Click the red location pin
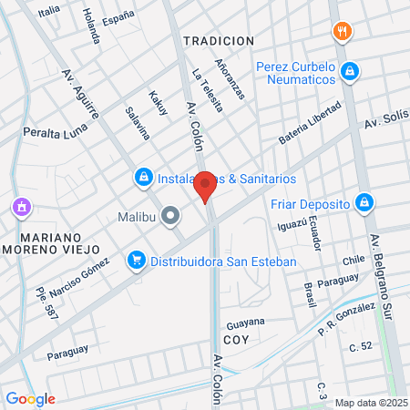point(206,185)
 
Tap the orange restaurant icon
point(343,31)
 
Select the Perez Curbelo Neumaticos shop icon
point(350,71)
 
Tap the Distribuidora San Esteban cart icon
point(137,261)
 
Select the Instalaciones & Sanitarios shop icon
point(143,177)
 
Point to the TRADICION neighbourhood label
point(218,41)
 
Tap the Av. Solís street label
point(384,122)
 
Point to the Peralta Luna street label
point(54,133)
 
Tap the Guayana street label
point(245,323)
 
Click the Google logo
point(30,398)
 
